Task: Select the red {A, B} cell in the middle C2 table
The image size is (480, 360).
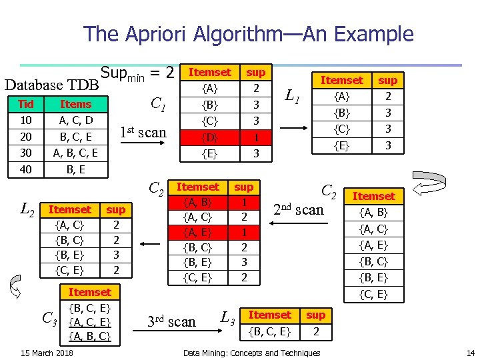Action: pos(198,201)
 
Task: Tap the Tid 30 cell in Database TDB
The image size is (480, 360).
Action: pos(27,153)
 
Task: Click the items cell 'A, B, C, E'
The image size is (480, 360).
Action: pos(76,153)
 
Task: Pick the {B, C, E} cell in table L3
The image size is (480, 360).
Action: pos(269,331)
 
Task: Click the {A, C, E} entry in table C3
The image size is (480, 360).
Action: pos(90,323)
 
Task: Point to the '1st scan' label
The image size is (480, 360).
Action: pos(143,132)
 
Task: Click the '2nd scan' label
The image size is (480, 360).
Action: pos(299,210)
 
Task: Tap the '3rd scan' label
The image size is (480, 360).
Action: pos(172,322)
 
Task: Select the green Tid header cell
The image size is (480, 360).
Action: pos(27,104)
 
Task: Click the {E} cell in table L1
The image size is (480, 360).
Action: pos(342,145)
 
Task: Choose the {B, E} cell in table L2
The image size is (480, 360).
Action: pos(70,255)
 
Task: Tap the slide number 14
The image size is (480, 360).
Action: pos(469,353)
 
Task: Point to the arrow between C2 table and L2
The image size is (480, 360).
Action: pos(150,244)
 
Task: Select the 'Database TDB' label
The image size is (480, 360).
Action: pos(51,85)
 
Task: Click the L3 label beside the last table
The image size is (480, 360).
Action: pos(227,319)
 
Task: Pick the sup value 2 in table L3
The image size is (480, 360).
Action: pos(315,331)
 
